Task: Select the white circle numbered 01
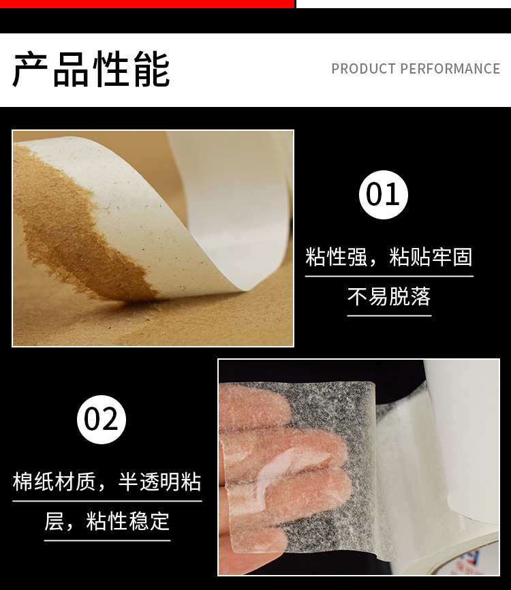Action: [x=384, y=194]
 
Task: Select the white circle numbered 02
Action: [x=102, y=419]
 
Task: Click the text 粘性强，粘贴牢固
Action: [x=388, y=258]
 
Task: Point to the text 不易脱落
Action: [x=388, y=297]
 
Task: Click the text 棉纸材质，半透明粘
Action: [x=107, y=482]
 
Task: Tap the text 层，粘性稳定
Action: [x=107, y=522]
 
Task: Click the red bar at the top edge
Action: [x=146, y=3]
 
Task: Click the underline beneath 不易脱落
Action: [x=388, y=315]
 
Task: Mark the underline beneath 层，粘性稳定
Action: [x=107, y=540]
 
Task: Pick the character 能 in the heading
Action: [x=151, y=69]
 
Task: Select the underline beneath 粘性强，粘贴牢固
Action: [x=388, y=276]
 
